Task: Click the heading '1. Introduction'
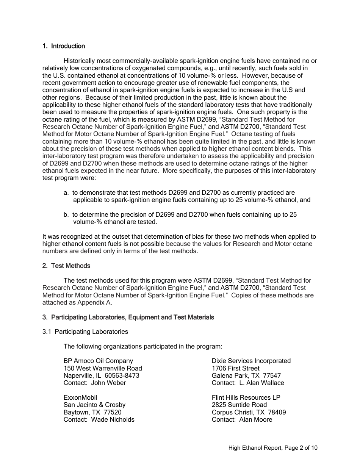point(64,46)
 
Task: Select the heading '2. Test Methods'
point(66,266)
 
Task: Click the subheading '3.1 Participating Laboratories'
point(85,332)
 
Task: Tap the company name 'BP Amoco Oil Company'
point(98,361)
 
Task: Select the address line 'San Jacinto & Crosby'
point(94,405)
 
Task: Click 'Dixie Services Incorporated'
point(251,361)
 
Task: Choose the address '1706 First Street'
point(236,368)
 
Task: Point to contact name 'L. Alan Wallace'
point(261,383)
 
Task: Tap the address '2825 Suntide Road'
point(239,405)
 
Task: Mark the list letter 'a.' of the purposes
point(66,193)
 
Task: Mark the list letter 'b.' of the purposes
point(66,215)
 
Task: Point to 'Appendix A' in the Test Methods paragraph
point(95,303)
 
